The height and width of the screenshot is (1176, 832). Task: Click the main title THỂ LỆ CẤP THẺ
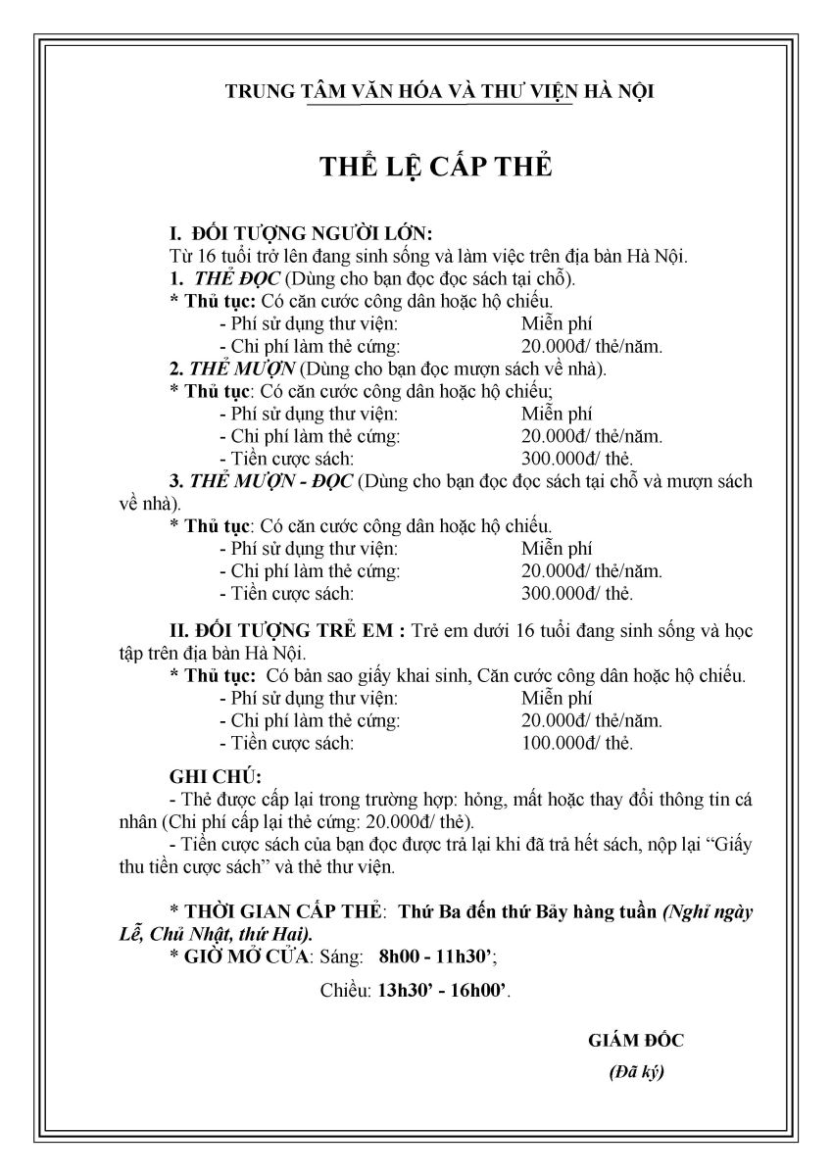[436, 167]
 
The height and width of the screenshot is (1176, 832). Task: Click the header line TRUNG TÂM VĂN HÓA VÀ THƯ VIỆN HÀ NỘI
[440, 91]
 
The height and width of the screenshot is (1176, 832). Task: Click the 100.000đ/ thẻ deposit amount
[578, 743]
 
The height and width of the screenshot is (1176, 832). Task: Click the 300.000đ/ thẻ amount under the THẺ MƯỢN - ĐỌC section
[578, 594]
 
